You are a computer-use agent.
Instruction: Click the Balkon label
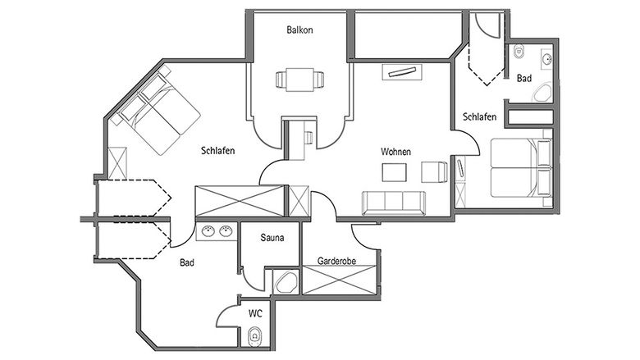(x=299, y=30)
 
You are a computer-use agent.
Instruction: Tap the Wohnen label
(x=395, y=152)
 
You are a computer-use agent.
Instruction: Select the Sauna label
(x=272, y=237)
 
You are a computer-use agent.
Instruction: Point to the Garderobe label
(x=336, y=261)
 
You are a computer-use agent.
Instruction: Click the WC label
(x=255, y=313)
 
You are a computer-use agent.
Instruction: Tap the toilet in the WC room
(x=255, y=336)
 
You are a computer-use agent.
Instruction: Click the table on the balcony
(x=300, y=80)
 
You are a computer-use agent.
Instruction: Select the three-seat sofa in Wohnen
(x=394, y=203)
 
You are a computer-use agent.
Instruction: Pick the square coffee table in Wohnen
(x=395, y=172)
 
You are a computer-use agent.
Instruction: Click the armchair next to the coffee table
(x=434, y=171)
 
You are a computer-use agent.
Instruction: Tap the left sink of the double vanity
(x=208, y=231)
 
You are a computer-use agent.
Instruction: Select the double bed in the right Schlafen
(x=521, y=168)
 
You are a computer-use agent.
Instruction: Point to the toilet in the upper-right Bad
(x=519, y=52)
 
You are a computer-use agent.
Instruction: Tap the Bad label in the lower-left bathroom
(x=187, y=263)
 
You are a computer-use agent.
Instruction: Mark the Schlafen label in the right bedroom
(x=480, y=117)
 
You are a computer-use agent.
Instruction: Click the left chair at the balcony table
(x=281, y=80)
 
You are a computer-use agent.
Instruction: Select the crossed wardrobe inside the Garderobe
(x=338, y=280)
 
